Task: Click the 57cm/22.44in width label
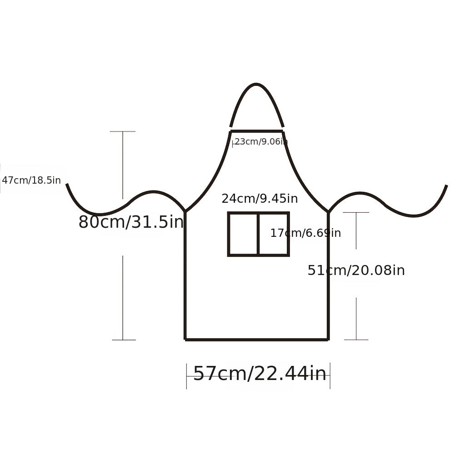point(260,373)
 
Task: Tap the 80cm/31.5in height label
point(131,222)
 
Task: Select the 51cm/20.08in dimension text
point(356,270)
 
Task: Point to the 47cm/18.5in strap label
point(31,180)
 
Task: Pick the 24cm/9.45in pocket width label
point(260,199)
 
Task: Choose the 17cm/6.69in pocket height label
point(305,233)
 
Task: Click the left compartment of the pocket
point(243,234)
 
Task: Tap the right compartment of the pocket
point(273,234)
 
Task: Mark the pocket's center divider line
point(258,234)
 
